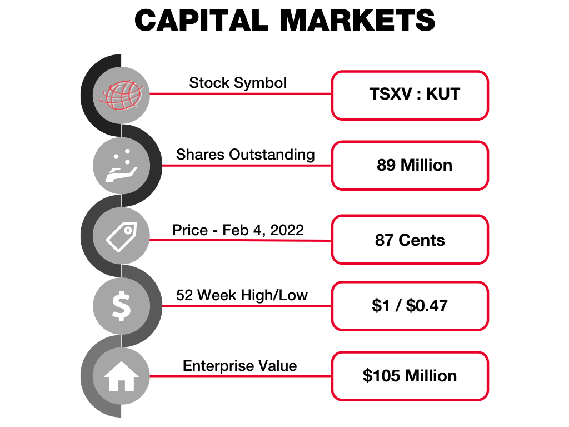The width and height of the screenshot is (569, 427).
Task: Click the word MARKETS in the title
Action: coord(357,21)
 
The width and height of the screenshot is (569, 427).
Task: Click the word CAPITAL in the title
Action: coord(201,21)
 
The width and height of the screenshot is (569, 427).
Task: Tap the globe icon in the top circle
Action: coord(122,95)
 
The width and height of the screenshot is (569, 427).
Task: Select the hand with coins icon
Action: coord(121,166)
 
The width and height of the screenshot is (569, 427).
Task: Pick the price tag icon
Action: coord(122,236)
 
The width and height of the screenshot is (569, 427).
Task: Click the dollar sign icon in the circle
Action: coord(121,306)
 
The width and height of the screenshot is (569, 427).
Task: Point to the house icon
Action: coord(121,376)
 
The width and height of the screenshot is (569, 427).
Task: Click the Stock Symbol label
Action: coord(238,83)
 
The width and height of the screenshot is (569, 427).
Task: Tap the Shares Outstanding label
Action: coord(245,155)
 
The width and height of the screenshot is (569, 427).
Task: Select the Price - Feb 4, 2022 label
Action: coord(238,230)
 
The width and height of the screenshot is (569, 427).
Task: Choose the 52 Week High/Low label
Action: coord(242,295)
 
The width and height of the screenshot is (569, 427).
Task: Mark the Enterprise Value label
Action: coord(240,366)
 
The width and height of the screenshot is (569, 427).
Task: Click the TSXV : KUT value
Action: coord(415,94)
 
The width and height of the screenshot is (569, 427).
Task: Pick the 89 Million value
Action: coord(415,165)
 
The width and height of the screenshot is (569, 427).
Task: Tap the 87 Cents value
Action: coord(410,240)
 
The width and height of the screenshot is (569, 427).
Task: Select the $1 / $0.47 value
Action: coord(410,306)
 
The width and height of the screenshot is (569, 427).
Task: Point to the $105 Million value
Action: coord(410,376)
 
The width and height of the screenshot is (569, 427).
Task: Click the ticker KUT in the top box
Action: coord(443,94)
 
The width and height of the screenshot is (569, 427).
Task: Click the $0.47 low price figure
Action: coord(427,306)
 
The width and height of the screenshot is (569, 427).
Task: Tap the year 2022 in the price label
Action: coord(287,230)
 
